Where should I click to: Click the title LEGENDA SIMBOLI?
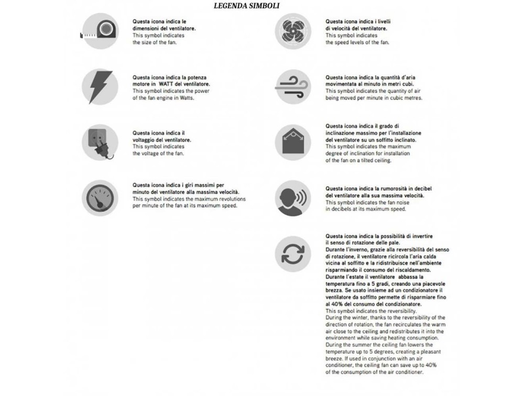click(246, 6)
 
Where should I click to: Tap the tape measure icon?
click(100, 31)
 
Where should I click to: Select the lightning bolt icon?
click(100, 87)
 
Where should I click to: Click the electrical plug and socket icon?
click(100, 142)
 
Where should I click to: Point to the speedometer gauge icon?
click(100, 198)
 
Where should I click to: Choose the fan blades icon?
click(293, 31)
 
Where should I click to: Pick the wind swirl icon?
click(293, 87)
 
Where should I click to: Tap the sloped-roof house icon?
click(293, 142)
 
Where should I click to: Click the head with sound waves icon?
click(293, 198)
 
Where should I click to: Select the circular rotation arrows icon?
click(293, 254)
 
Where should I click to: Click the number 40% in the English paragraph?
click(431, 365)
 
